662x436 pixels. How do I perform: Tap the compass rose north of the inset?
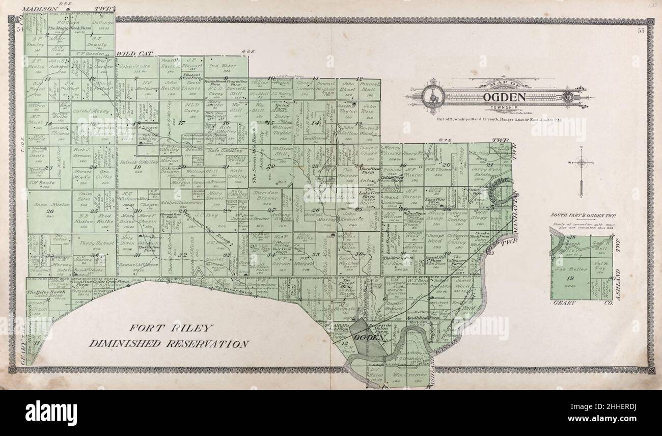(x=582, y=163)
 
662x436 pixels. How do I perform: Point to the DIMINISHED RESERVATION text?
(x=169, y=344)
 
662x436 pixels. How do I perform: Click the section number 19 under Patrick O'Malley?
(x=136, y=167)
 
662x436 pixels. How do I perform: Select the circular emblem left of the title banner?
(x=431, y=95)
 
